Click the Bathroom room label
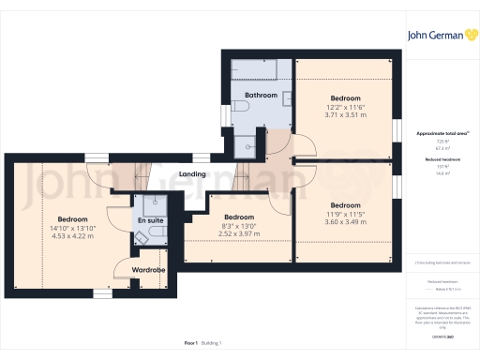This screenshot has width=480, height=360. [261, 96]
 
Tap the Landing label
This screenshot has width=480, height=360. [193, 174]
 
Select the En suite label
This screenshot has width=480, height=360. [149, 220]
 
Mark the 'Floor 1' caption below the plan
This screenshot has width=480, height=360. [191, 345]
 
